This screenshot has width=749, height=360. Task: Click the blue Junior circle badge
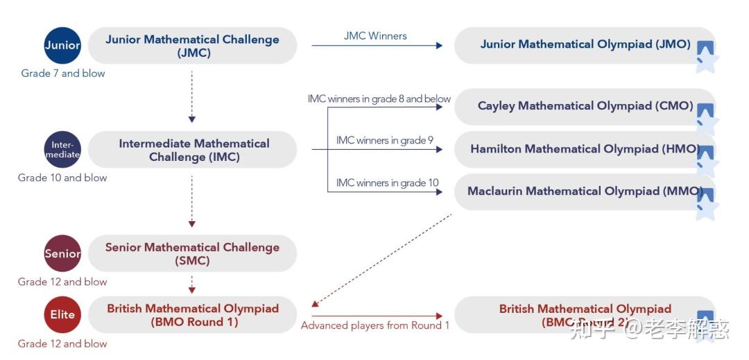[62, 46]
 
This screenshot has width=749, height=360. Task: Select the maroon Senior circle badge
[62, 253]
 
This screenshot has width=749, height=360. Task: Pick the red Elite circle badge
[62, 314]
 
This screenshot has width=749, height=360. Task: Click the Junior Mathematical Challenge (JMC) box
[192, 46]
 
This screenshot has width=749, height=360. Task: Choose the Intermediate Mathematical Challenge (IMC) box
[193, 150]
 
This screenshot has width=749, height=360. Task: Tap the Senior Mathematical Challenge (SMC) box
[192, 254]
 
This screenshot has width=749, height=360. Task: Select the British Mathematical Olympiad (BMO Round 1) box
[193, 315]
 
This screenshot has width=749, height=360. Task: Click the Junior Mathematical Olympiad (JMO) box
[585, 45]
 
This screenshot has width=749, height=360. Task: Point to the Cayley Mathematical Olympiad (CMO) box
[585, 106]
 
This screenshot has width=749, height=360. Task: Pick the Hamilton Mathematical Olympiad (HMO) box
[585, 149]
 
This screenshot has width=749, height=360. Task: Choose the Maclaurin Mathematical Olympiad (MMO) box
[585, 191]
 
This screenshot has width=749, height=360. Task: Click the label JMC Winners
[375, 35]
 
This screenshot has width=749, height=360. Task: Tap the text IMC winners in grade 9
[385, 140]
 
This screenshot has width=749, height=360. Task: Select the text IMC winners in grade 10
[387, 182]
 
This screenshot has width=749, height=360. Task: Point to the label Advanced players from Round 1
[375, 325]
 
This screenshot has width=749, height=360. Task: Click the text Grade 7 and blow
[63, 73]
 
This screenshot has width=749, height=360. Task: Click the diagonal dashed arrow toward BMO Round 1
[381, 260]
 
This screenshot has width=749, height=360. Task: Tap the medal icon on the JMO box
[705, 55]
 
